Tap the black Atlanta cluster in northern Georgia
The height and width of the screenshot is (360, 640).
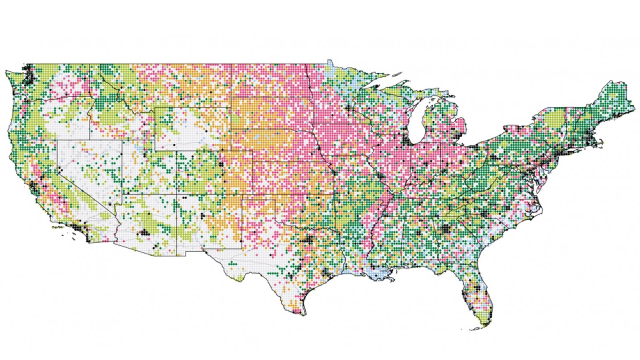(445, 229)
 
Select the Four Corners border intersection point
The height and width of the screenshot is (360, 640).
(176, 195)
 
